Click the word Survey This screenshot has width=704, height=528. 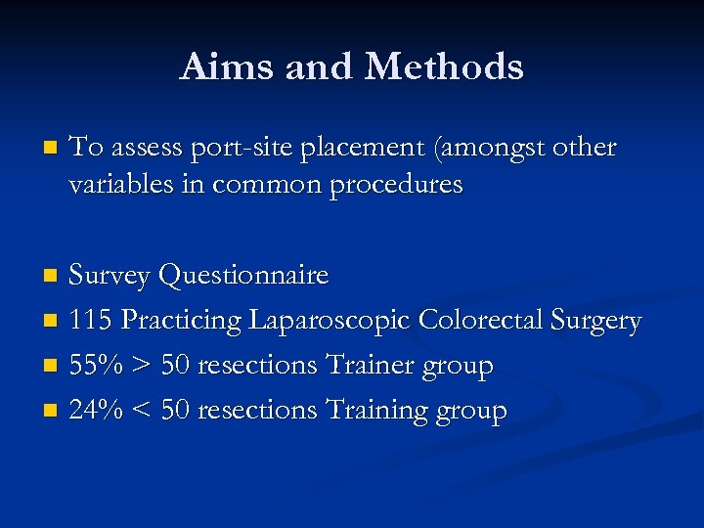[x=109, y=276]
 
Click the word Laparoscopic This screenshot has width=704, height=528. [x=330, y=322]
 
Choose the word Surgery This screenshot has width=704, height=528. [x=597, y=322]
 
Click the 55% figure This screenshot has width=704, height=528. [x=96, y=366]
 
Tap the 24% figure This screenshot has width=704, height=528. [x=96, y=411]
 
